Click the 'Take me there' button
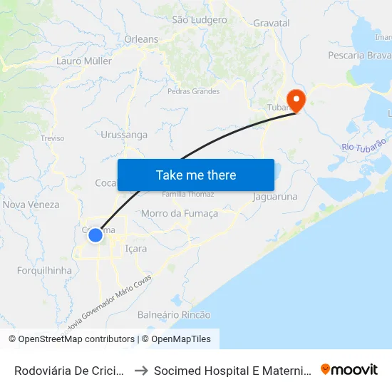click(195, 175)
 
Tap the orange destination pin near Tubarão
click(294, 99)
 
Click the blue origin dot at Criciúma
click(96, 234)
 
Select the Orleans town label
click(141, 39)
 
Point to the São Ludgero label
click(199, 19)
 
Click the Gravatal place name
click(272, 24)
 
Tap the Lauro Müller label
click(84, 61)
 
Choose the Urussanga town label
click(124, 135)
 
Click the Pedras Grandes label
click(193, 91)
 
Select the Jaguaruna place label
click(274, 196)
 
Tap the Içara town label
click(135, 249)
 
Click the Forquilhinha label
click(44, 271)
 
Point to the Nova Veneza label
click(31, 205)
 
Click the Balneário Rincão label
click(174, 314)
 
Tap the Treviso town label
click(53, 138)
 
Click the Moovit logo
click(349, 369)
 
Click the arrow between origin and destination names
click(141, 370)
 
